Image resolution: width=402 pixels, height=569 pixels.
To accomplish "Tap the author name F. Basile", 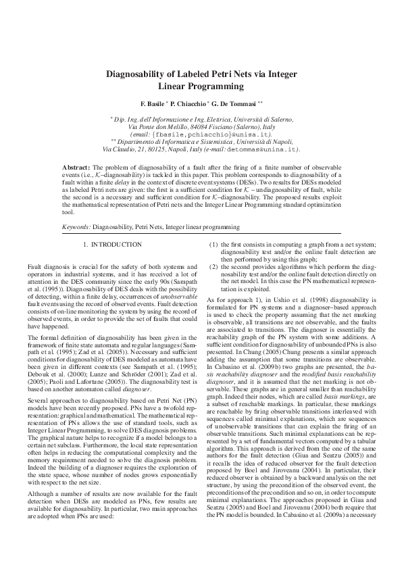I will (x=152, y=105).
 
